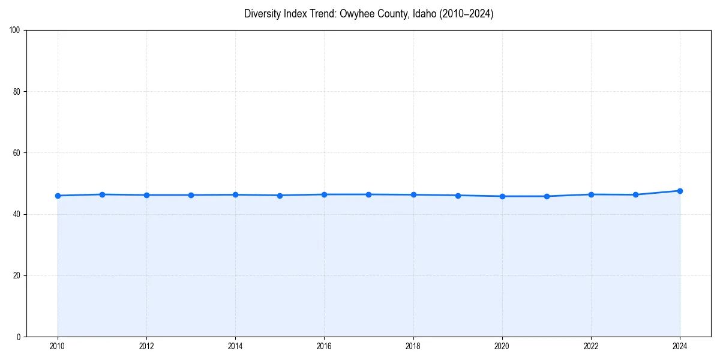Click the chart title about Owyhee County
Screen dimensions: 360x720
(368, 14)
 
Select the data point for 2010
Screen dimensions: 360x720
(58, 196)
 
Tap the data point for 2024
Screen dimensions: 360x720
(680, 191)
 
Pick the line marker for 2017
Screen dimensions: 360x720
(368, 194)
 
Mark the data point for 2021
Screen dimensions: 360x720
(547, 196)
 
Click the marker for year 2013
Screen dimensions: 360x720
(191, 195)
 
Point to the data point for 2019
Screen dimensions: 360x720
(458, 196)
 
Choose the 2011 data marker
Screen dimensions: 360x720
(102, 194)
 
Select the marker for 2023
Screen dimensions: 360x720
(635, 194)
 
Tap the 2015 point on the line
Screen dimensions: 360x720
(280, 196)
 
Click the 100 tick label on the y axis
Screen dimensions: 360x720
(15, 31)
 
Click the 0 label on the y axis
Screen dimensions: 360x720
(19, 337)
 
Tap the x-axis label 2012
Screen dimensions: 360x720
(146, 346)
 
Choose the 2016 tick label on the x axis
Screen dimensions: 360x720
(324, 346)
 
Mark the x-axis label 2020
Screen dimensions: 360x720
(502, 346)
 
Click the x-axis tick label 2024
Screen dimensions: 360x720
(680, 346)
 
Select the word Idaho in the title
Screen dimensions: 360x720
(424, 14)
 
